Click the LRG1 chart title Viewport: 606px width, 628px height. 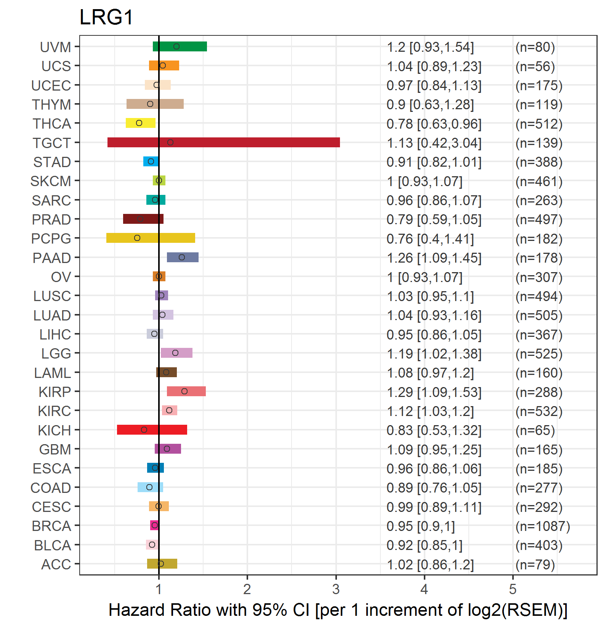[x=106, y=18]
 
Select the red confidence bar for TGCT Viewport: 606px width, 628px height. [x=223, y=142]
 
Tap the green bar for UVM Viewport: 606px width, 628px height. [x=180, y=46]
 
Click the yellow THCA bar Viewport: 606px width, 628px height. [x=140, y=123]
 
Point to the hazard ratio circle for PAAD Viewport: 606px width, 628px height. [x=182, y=257]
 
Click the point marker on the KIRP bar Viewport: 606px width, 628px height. [x=184, y=391]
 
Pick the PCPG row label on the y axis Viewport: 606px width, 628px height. [x=51, y=239]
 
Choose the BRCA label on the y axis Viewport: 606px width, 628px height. [x=51, y=526]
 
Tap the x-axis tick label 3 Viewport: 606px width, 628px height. [x=336, y=590]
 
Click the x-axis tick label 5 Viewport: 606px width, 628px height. [x=513, y=590]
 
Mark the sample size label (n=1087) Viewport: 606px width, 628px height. [x=542, y=526]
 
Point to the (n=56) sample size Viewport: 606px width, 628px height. [x=535, y=67]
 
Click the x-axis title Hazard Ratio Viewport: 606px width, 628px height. [x=338, y=610]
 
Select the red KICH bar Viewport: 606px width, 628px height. [x=152, y=430]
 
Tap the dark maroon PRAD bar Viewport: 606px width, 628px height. [x=143, y=219]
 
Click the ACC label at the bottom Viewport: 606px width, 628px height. [x=56, y=564]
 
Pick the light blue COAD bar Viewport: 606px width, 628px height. [x=150, y=487]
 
